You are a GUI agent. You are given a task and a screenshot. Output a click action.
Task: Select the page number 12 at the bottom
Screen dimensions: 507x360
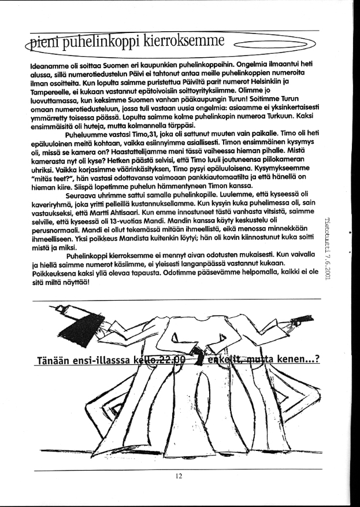tap(179, 476)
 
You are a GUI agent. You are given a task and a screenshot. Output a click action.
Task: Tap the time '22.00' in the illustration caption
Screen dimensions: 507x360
tap(169, 359)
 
